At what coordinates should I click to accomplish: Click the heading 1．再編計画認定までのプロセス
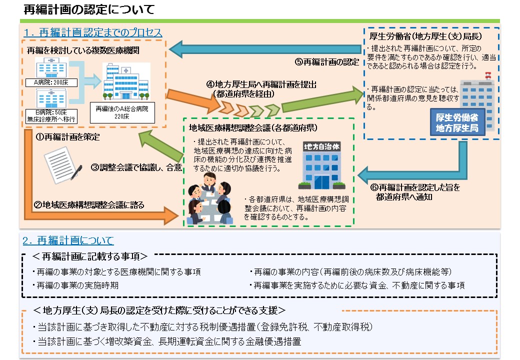[92, 32]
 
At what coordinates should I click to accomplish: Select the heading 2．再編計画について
[68, 240]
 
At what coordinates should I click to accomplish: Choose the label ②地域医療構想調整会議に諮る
[88, 205]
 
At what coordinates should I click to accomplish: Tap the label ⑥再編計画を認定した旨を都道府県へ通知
[415, 192]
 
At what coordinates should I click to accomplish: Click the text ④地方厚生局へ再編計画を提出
[261, 84]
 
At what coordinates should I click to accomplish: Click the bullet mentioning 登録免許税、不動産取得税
[202, 326]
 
